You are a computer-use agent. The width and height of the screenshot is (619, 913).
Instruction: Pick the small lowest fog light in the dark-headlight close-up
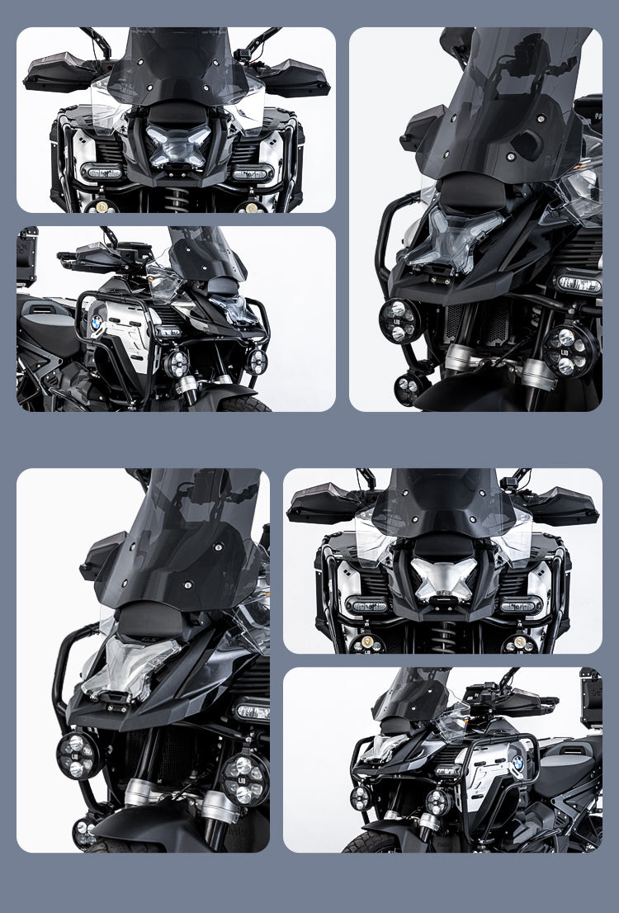click(x=409, y=386)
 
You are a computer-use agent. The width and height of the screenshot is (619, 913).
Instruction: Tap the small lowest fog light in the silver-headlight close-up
click(x=83, y=831)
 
